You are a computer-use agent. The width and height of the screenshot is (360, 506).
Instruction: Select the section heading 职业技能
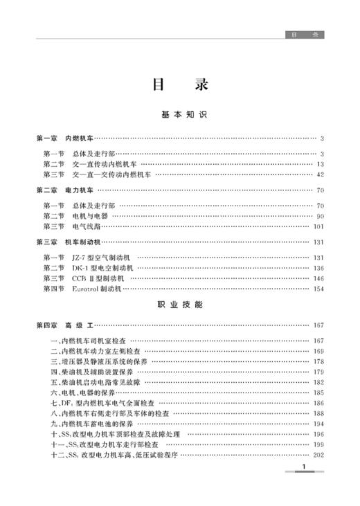[180, 304]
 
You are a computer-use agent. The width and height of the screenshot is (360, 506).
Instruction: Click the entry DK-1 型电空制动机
[101, 267]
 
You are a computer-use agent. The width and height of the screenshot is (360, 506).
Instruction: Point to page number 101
[319, 226]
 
